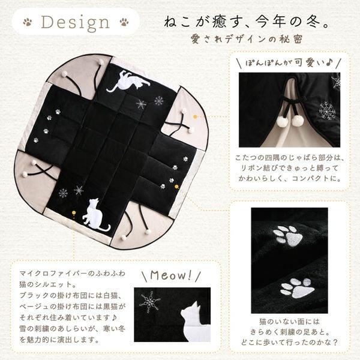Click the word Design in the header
click(x=76, y=23)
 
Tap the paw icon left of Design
click(x=28, y=22)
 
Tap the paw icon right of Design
click(x=124, y=22)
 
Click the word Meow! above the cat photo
click(x=171, y=275)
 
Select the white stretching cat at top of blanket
click(x=128, y=82)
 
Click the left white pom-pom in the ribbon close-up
click(x=283, y=122)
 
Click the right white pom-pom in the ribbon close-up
click(x=298, y=121)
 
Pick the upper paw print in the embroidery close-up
click(x=286, y=235)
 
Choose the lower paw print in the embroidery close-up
click(x=298, y=287)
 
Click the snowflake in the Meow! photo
click(x=150, y=302)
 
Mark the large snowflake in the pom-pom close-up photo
click(x=326, y=111)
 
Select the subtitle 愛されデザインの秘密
click(x=247, y=40)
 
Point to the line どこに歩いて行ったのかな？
click(x=289, y=343)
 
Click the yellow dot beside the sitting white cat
click(x=73, y=212)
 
